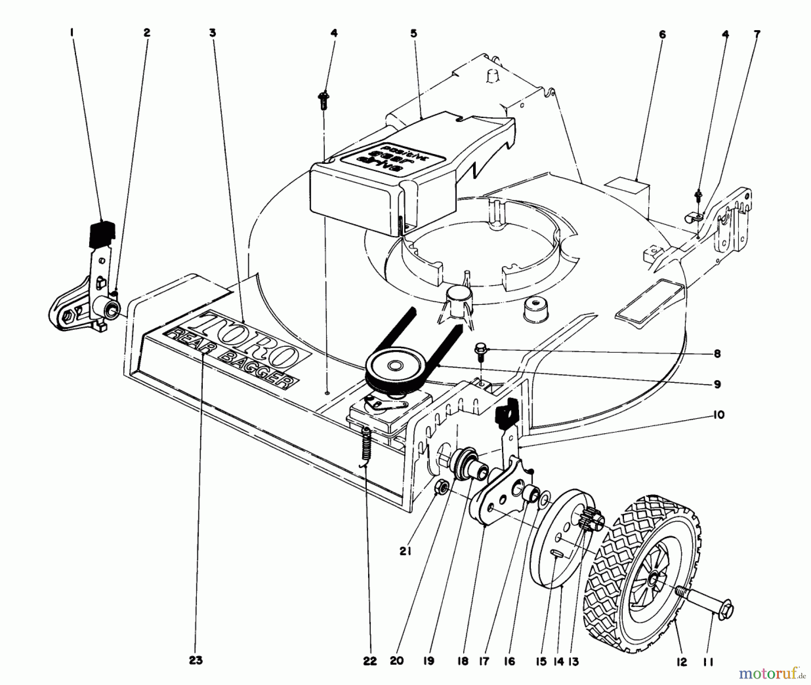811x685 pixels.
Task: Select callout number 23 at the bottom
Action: click(x=196, y=661)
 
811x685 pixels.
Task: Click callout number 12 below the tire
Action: click(x=682, y=662)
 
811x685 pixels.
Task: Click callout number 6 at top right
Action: click(x=661, y=35)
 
